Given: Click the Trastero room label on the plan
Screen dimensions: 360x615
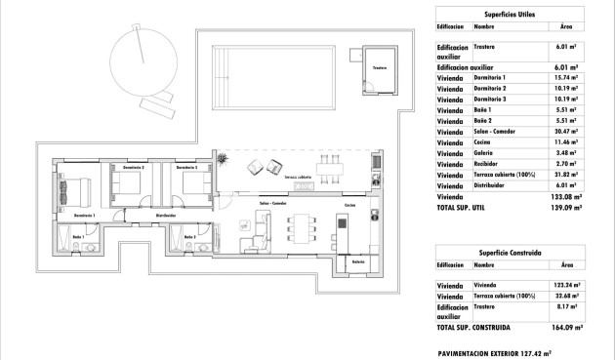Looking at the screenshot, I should pyautogui.click(x=379, y=68).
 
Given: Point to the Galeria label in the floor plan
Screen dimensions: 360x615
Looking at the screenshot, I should pyautogui.click(x=358, y=260).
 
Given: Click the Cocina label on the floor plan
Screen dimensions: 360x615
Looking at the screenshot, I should pyautogui.click(x=350, y=207).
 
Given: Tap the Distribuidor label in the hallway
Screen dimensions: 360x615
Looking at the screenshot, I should pyautogui.click(x=165, y=215).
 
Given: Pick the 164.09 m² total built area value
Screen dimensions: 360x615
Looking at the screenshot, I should pyautogui.click(x=563, y=327).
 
